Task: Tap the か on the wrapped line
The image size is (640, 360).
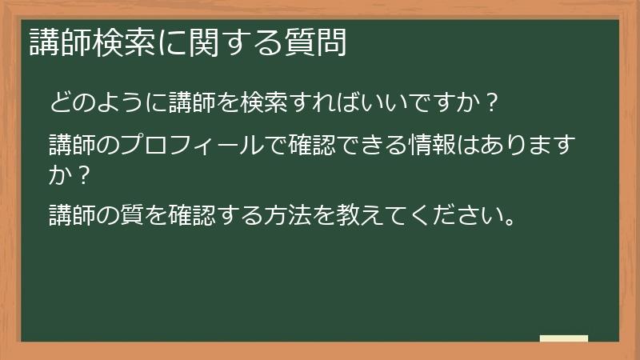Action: click(x=58, y=173)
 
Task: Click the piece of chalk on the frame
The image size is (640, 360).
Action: click(x=564, y=338)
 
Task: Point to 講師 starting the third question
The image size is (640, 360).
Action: click(x=70, y=214)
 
